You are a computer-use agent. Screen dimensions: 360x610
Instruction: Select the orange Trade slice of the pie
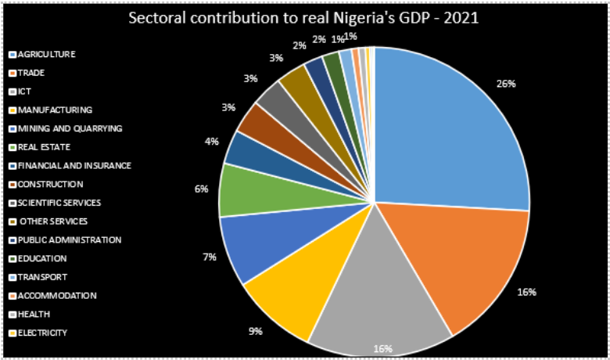tap(454, 266)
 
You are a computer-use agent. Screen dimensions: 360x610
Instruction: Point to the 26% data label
tap(505, 84)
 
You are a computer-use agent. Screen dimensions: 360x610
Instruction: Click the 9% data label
tap(255, 331)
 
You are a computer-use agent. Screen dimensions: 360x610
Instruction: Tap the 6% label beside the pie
tap(201, 189)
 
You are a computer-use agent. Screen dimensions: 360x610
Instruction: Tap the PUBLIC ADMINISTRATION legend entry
tap(70, 239)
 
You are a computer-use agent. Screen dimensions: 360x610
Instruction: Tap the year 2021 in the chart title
tap(460, 19)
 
